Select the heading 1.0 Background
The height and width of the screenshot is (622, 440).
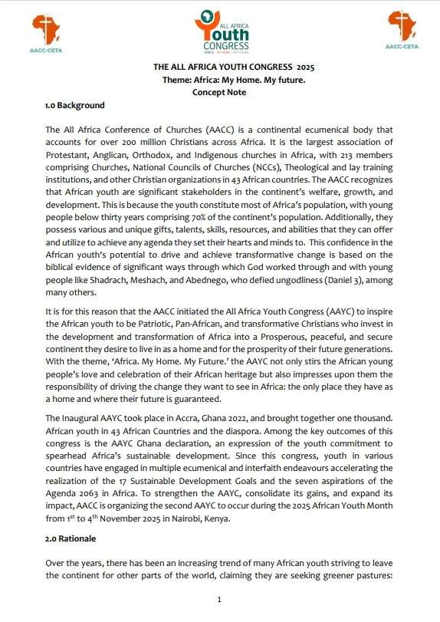click(75, 105)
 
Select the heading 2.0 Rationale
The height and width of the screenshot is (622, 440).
click(72, 538)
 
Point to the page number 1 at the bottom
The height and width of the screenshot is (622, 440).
click(220, 599)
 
